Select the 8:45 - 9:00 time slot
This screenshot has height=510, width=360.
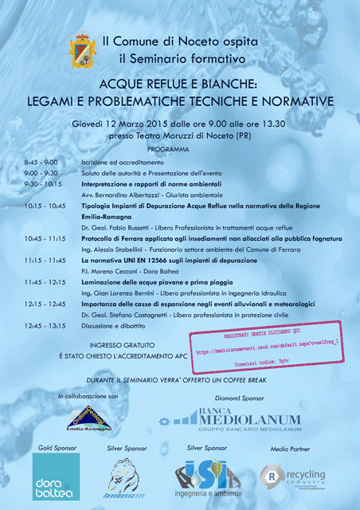click(x=41, y=163)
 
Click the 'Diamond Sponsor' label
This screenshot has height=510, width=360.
click(x=239, y=397)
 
